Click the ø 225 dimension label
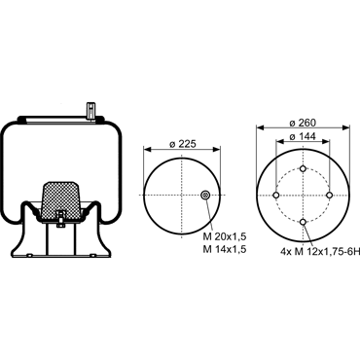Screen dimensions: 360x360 [x=183, y=144]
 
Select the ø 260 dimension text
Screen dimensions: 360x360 [x=303, y=123]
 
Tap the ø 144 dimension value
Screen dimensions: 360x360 [x=303, y=137]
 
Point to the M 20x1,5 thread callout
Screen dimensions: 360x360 [x=225, y=237]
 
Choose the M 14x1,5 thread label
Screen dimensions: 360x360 [x=225, y=249]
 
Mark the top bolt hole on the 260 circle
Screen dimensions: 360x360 [x=303, y=168]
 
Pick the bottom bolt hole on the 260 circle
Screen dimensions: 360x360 [x=303, y=222]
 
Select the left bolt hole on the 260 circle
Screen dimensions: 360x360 [x=276, y=196]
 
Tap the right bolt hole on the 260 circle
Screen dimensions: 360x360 [x=330, y=196]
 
